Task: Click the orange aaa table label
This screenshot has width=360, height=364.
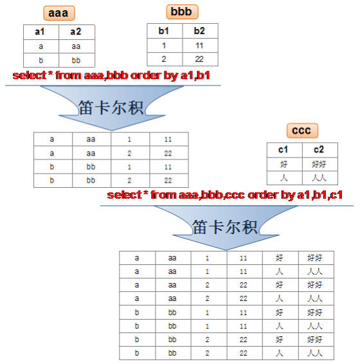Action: tap(59, 13)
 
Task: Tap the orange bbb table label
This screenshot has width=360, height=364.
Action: tap(182, 12)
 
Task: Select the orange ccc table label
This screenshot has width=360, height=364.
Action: tap(302, 131)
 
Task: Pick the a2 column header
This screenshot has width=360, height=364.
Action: tap(76, 32)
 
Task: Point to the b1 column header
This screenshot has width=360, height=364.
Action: tap(164, 31)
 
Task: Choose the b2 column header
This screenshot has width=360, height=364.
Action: tap(199, 31)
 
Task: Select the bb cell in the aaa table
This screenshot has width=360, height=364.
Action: tap(76, 60)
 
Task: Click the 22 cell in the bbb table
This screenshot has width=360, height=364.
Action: tap(199, 59)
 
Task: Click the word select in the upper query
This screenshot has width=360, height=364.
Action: tap(30, 75)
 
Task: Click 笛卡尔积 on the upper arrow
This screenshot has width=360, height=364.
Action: tap(111, 108)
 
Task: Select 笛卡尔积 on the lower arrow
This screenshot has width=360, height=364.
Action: tap(225, 227)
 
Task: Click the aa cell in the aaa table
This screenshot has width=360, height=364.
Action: tap(76, 46)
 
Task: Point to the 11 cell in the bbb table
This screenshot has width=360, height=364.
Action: tap(199, 46)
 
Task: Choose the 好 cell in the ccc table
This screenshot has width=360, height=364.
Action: tap(283, 165)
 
